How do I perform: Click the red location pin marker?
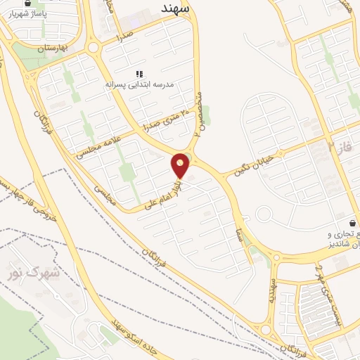pos(181,166)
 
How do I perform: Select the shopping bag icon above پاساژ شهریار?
pos(27,4)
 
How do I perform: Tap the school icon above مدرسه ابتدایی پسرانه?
pos(139,74)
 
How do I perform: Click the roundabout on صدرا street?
pos(93,47)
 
